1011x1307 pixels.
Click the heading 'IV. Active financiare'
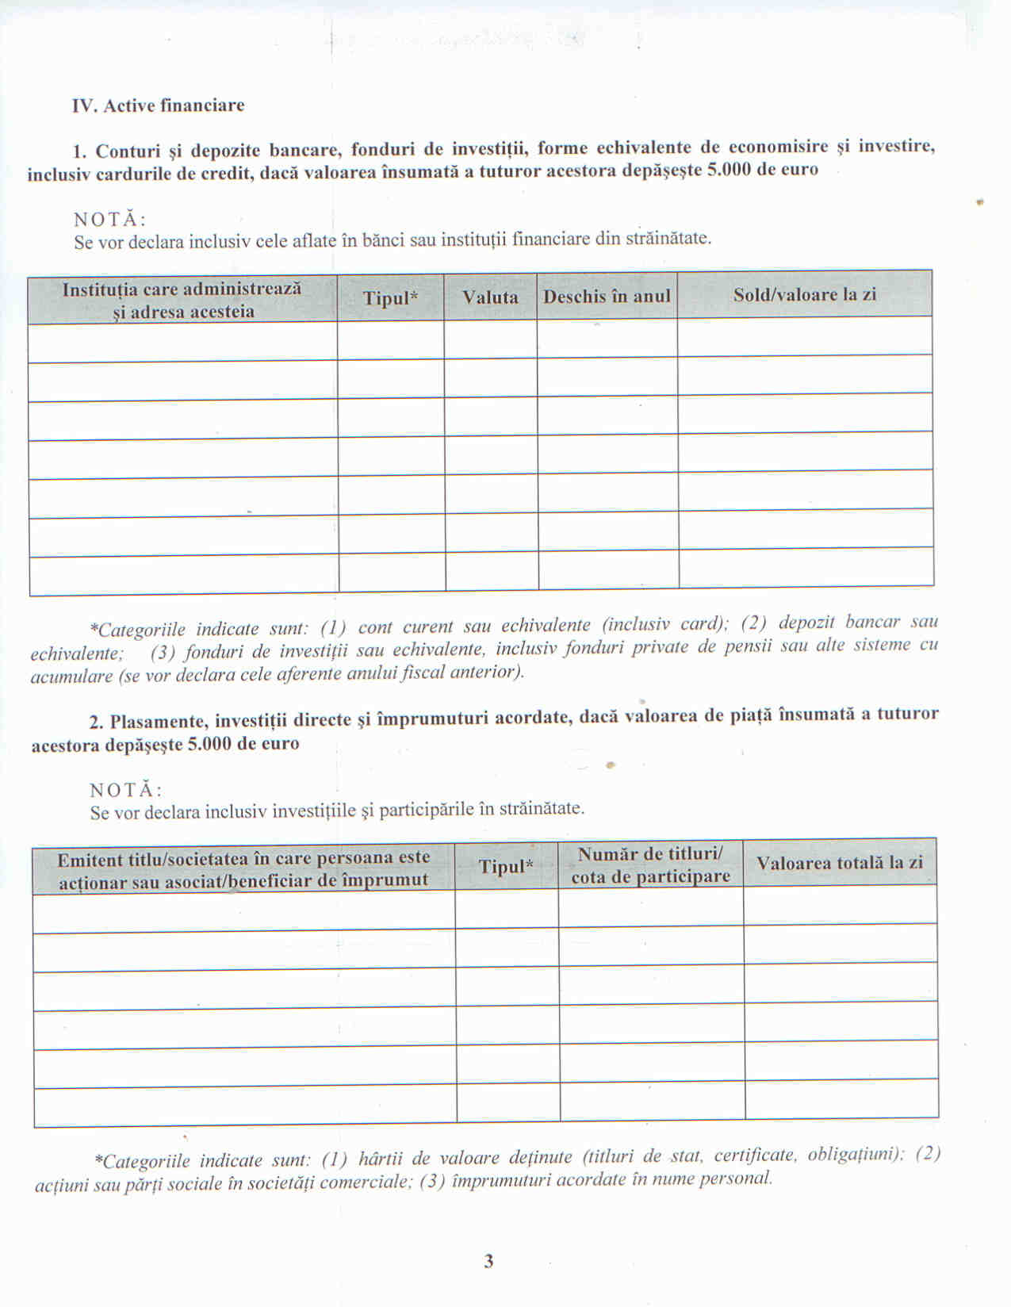[158, 105]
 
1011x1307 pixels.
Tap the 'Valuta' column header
[490, 297]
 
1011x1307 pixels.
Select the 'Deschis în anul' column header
[607, 297]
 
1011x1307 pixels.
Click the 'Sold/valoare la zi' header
[804, 294]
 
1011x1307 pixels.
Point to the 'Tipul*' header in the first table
[390, 298]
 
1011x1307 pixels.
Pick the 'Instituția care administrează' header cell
[182, 300]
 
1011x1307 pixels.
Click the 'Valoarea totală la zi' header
[840, 863]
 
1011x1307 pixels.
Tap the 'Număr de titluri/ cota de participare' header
[650, 865]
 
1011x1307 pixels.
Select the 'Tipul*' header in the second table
[506, 866]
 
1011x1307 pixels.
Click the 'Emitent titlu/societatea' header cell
[243, 869]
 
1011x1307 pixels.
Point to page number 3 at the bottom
[488, 1261]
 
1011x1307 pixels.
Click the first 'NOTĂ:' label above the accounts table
[110, 220]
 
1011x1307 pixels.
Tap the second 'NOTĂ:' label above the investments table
[126, 790]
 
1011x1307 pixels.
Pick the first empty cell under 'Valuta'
[490, 339]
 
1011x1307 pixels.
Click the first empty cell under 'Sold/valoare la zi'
[804, 336]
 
